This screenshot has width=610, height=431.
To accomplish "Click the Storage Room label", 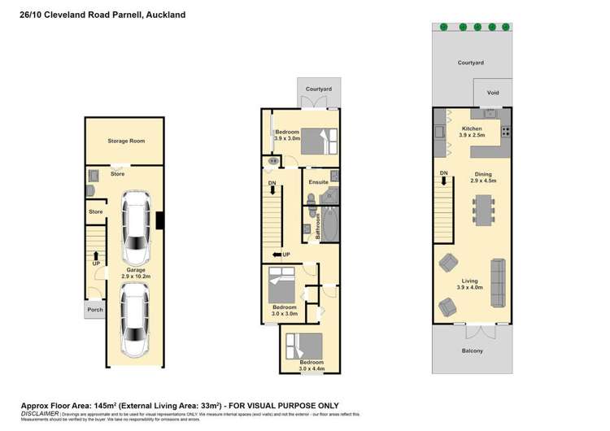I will (x=126, y=141).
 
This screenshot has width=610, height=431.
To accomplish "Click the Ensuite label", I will (x=317, y=182).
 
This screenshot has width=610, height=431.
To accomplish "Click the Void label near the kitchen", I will (x=493, y=93).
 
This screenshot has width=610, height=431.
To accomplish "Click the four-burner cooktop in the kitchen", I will (x=505, y=132).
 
